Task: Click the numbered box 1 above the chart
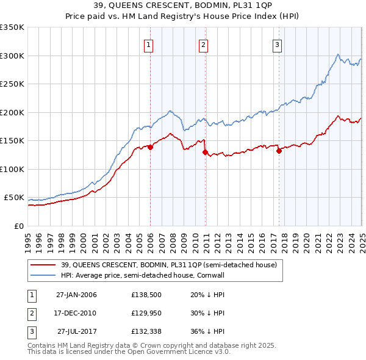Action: point(149,44)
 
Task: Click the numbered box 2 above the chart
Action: point(203,44)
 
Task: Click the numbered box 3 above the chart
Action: point(277,44)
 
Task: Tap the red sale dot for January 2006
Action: point(150,148)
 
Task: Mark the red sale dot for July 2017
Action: point(279,151)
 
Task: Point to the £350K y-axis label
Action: point(12,27)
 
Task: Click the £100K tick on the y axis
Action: point(12,169)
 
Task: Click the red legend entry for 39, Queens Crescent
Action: point(168,265)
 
